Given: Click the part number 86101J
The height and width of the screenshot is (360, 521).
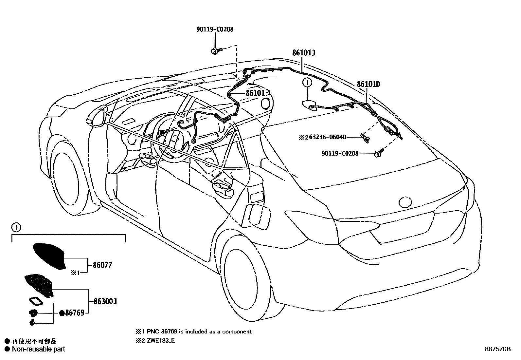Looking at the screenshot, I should point(304,53).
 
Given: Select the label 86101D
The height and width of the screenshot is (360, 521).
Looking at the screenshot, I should point(368,84).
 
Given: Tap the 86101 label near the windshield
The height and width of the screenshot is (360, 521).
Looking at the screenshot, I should point(255,93).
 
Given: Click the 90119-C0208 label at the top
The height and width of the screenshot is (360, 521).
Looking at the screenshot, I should point(215,29).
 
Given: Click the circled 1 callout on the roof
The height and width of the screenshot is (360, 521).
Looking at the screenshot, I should point(307,83).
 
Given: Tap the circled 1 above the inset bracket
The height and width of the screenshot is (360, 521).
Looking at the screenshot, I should point(15,226).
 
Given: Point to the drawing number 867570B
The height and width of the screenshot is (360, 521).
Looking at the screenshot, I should point(497,349).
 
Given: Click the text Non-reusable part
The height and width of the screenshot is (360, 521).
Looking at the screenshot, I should point(38,349).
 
